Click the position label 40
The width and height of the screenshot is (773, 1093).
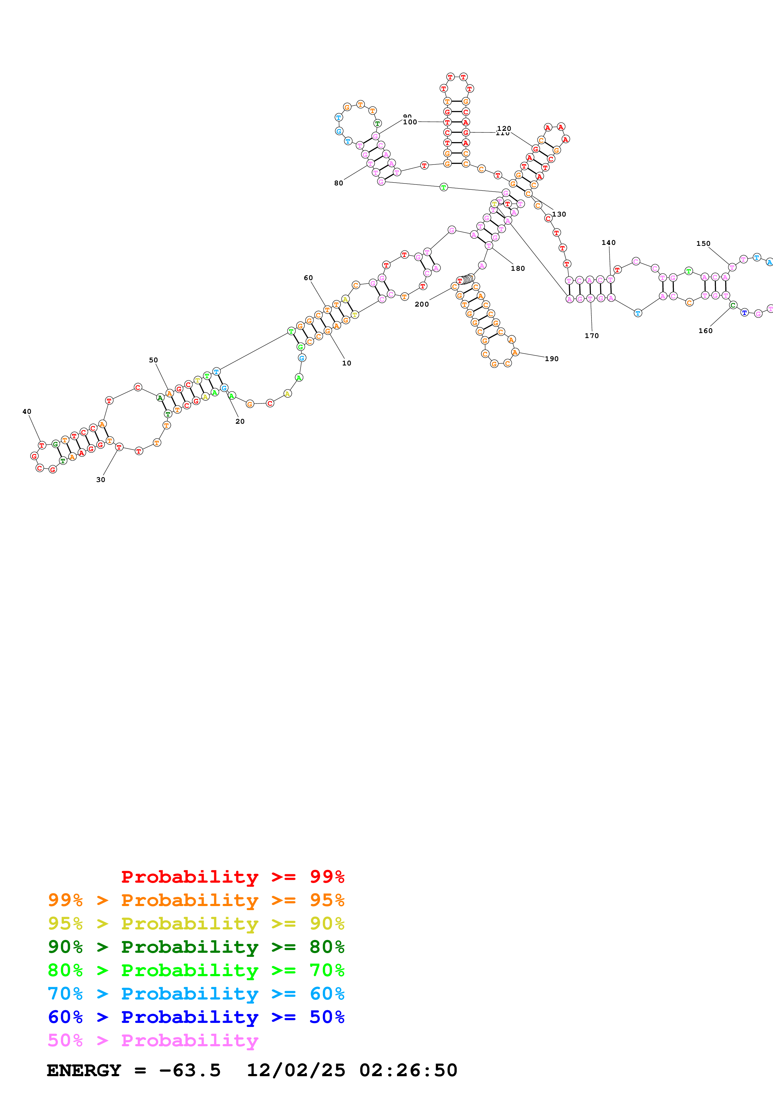[x=27, y=411]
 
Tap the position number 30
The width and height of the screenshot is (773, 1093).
[x=100, y=480]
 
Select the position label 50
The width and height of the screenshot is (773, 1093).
[x=153, y=360]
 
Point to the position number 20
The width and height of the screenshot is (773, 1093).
[x=240, y=421]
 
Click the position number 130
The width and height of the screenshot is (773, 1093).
[x=559, y=214]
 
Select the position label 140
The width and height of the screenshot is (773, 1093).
[x=609, y=242]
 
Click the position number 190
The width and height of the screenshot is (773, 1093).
[x=552, y=359]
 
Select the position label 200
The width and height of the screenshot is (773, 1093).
[x=422, y=304]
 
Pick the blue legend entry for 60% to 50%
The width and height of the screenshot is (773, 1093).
[x=196, y=1017]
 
